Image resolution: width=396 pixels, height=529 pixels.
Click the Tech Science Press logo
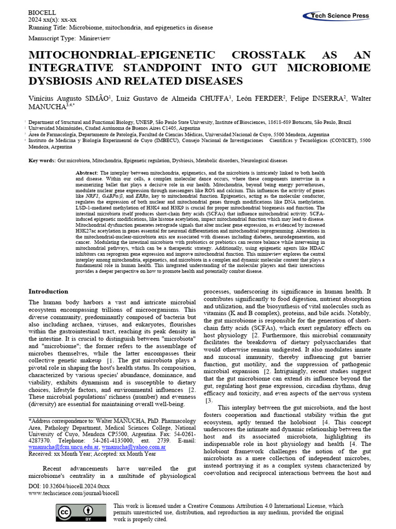pyautogui.click(x=340, y=16)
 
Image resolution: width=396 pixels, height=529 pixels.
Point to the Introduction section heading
pyautogui.click(x=48, y=291)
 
